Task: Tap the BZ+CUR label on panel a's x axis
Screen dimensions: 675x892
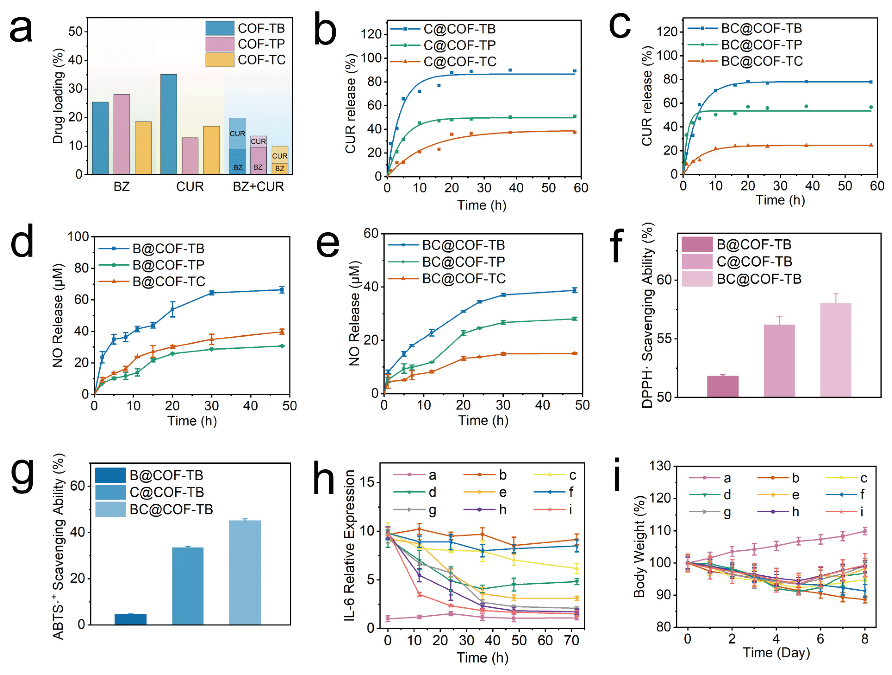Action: point(259,187)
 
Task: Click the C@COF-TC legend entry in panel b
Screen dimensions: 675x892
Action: point(460,62)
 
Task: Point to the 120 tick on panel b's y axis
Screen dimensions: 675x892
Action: point(371,34)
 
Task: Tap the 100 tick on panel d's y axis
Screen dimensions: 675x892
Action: point(78,237)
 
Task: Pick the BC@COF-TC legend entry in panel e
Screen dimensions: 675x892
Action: point(464,279)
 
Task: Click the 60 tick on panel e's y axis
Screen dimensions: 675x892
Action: point(371,234)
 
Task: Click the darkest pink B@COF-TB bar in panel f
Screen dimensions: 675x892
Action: point(723,386)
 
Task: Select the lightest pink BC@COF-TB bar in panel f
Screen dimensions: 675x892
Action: point(836,350)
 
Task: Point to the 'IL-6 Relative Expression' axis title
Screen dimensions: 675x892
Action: point(349,545)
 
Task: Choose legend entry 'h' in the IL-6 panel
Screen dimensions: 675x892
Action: point(503,510)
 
